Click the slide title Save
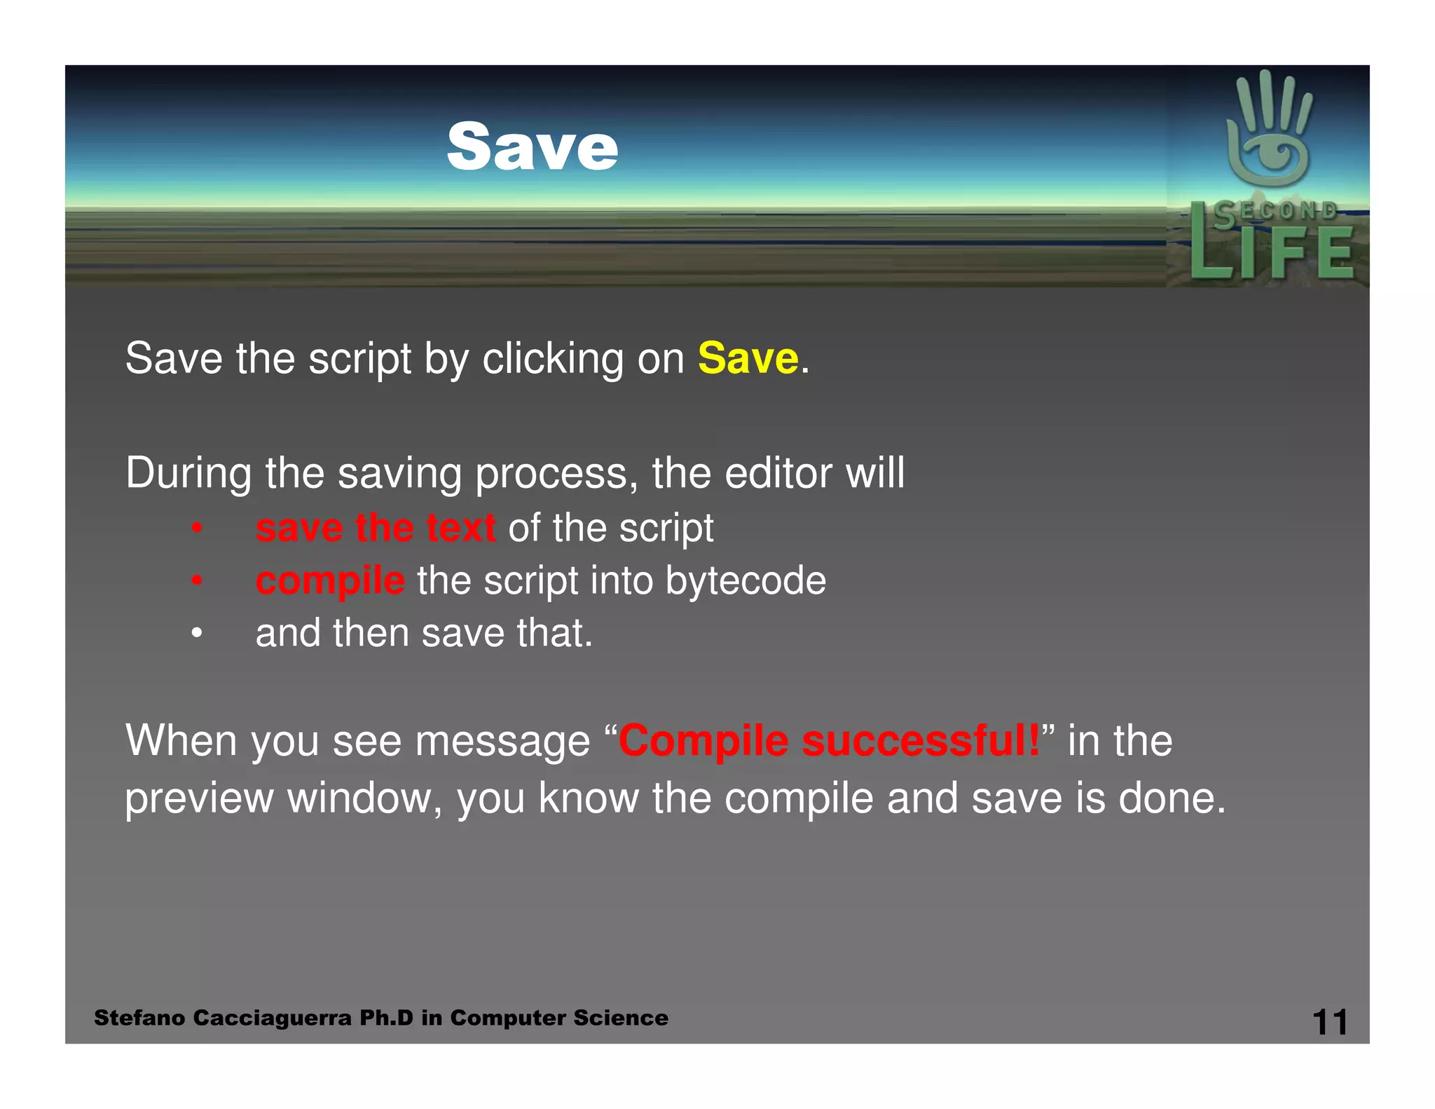(533, 147)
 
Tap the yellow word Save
(748, 358)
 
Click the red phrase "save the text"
(376, 528)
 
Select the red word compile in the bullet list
(330, 581)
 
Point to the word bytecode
(746, 581)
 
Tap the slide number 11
(1329, 1022)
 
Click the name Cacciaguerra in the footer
(272, 1018)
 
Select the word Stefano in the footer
(139, 1018)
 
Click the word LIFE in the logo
(1272, 254)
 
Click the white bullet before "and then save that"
(197, 634)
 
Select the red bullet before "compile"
(197, 581)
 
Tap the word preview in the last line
(199, 798)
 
